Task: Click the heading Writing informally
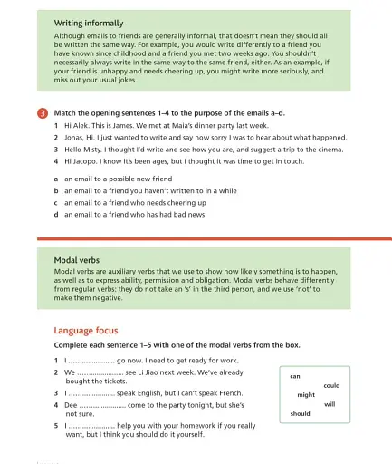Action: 89,23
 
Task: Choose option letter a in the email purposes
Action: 56,179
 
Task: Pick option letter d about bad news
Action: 56,215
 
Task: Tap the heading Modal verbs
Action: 77,260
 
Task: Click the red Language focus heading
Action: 86,331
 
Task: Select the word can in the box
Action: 295,375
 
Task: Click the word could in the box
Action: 331,385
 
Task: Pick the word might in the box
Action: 306,395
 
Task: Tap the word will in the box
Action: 330,404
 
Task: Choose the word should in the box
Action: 300,414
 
